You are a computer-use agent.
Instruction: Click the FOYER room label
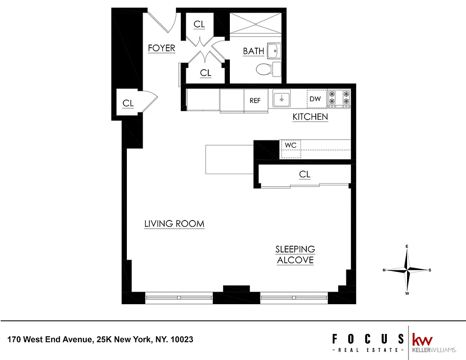[x=161, y=48]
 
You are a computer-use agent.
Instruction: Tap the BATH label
[x=253, y=51]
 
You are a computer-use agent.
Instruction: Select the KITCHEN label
[x=310, y=117]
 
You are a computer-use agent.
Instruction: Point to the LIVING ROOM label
[x=174, y=224]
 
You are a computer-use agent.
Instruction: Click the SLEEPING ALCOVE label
[x=295, y=255]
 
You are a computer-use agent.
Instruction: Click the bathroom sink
[x=274, y=51]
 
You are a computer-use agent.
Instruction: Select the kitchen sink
[x=281, y=99]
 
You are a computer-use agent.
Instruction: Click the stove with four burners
[x=339, y=99]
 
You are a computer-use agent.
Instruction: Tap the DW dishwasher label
[x=315, y=99]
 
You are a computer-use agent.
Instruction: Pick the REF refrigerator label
[x=255, y=101]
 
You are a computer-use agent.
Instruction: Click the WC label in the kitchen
[x=290, y=146]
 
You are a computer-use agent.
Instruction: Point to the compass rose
[x=407, y=270]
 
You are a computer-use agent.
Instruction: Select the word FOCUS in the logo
[x=367, y=339]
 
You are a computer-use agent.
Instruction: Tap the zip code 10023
[x=183, y=339]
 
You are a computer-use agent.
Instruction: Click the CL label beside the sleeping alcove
[x=305, y=175]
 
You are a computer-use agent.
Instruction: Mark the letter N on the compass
[x=384, y=270]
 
